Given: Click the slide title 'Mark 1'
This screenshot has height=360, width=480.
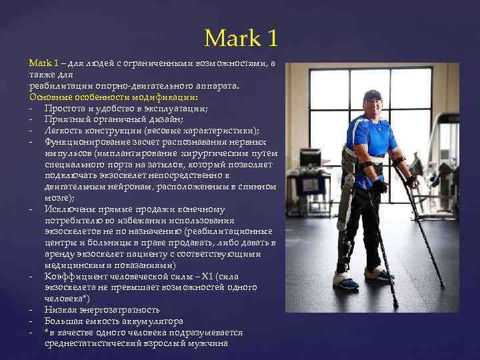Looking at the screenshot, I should (x=241, y=38).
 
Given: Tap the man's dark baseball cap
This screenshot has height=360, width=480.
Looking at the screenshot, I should (x=372, y=95).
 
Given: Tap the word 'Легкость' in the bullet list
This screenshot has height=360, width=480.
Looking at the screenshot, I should (x=65, y=130).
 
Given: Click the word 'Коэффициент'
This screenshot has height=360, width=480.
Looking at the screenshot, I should (x=73, y=276).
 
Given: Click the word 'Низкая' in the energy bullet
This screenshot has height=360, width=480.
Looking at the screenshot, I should (x=61, y=309).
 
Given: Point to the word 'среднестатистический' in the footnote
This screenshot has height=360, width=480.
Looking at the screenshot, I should (x=93, y=343).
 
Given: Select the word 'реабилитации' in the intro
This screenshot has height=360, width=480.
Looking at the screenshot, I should (x=57, y=86).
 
